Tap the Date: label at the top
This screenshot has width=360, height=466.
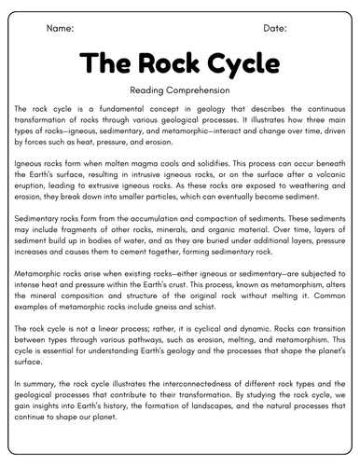click(275, 29)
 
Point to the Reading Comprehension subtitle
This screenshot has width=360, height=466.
click(180, 90)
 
